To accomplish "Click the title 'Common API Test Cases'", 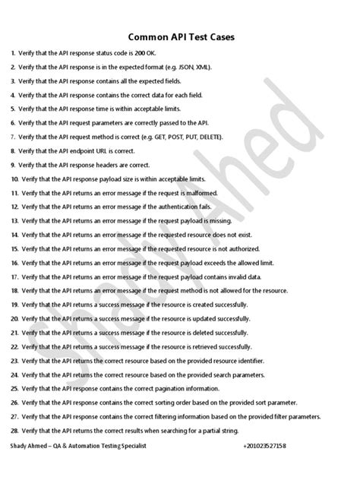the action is pos(179,36).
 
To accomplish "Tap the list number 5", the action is pos(13,109).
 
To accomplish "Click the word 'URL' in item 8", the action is pos(110,150).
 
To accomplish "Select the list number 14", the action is pos(14,234).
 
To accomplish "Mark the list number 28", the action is pos(14,429).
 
